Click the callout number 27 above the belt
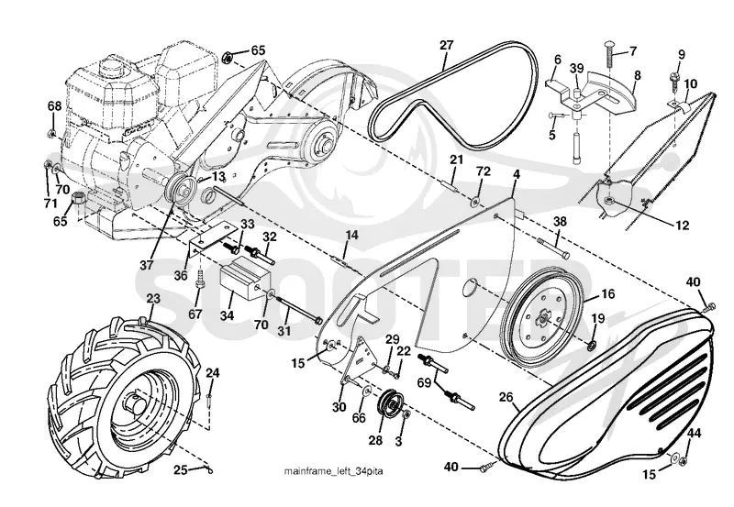[447, 45]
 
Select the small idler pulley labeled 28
[391, 405]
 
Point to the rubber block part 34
[245, 278]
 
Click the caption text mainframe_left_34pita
[333, 470]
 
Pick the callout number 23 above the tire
[153, 298]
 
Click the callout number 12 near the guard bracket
[683, 225]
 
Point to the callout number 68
[55, 106]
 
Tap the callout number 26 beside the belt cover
[506, 398]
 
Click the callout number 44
[694, 434]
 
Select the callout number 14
[351, 235]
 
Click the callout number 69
[424, 382]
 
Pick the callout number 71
[50, 203]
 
